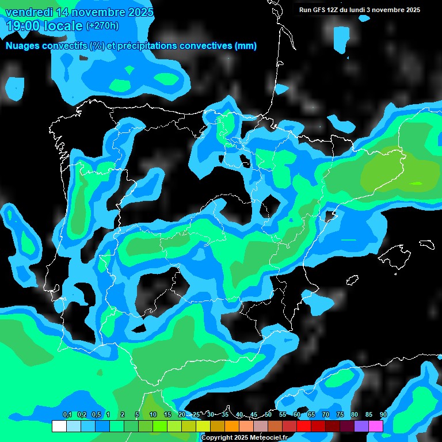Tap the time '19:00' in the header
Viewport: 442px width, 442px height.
[22, 26]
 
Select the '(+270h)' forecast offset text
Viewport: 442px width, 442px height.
[102, 26]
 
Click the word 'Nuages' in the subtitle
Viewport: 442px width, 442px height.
[24, 46]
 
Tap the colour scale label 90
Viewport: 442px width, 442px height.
[383, 414]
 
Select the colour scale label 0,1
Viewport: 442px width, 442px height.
[67, 414]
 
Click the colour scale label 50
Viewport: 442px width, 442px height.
[268, 414]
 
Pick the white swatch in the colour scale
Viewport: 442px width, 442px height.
[59, 426]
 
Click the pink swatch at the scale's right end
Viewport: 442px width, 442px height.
[376, 426]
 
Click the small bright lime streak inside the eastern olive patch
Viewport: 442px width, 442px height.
[416, 184]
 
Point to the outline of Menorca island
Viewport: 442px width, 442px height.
[426, 243]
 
